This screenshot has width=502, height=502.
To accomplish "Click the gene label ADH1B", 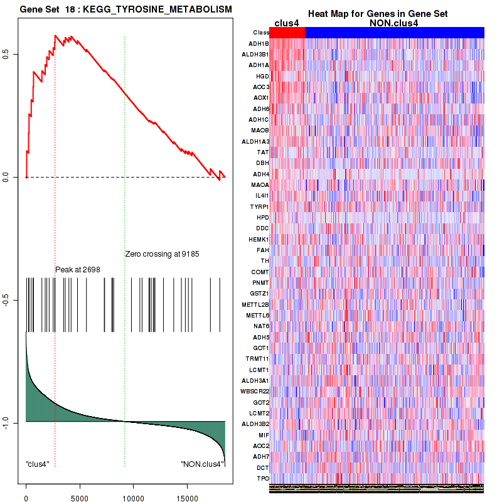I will (x=259, y=44).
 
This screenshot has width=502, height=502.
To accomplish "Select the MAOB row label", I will (x=260, y=131).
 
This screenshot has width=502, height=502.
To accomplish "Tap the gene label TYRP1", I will (x=259, y=206).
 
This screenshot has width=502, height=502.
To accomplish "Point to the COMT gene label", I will (x=260, y=272).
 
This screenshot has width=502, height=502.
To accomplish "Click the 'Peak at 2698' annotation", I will (x=78, y=269).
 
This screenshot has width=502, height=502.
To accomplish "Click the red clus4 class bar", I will (x=287, y=32).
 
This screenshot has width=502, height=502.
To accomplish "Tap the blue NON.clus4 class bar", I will (x=394, y=32).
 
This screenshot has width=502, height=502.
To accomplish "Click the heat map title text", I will (x=377, y=14).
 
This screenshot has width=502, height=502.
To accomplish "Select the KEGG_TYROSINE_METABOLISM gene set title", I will (x=125, y=10).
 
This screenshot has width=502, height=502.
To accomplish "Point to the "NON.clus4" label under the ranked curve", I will (x=201, y=464).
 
